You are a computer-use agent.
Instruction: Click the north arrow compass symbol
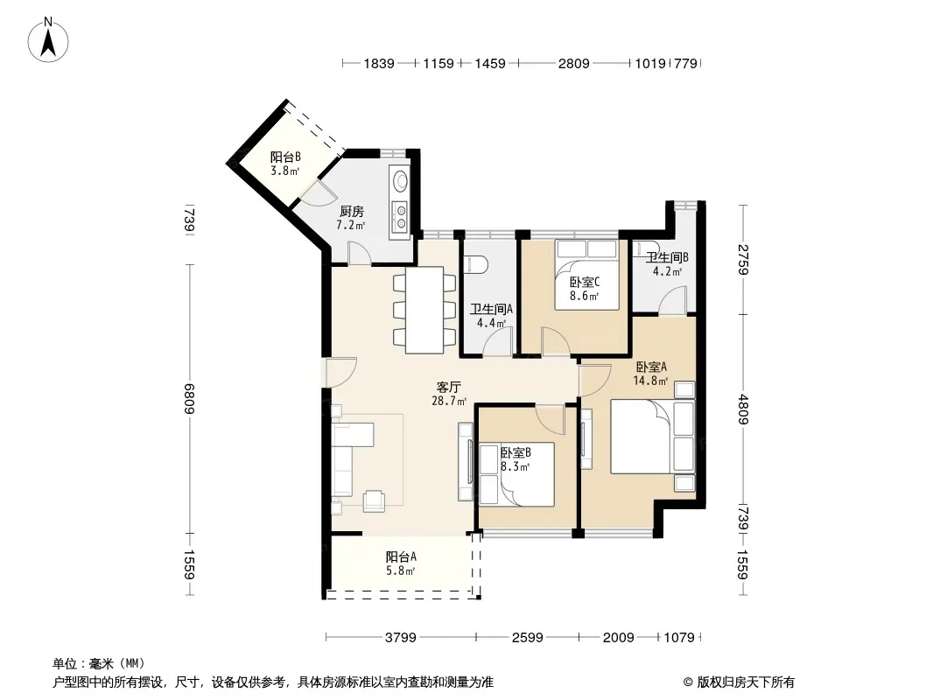[x=47, y=40]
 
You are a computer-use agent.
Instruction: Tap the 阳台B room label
[x=285, y=157]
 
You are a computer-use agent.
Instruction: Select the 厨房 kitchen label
[x=352, y=211]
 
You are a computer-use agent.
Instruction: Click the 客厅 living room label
[x=449, y=387]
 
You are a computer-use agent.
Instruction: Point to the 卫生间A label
[x=492, y=309]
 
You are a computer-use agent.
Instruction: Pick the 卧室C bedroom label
[x=585, y=282]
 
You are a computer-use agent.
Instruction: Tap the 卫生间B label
[x=668, y=257]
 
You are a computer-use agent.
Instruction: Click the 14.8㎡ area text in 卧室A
[x=650, y=381]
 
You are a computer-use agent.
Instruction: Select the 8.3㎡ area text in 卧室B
[x=516, y=467]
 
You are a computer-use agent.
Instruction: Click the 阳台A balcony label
[x=401, y=557]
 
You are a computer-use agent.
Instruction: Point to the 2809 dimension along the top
[x=573, y=63]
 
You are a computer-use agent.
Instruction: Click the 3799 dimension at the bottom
[x=401, y=638]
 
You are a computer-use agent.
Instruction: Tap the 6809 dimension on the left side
[x=189, y=398]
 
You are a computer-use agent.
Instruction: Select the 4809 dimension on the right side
[x=742, y=409]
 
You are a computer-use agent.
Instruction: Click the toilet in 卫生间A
[x=477, y=263]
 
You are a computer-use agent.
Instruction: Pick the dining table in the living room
[x=424, y=310]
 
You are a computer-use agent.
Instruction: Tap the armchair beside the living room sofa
[x=375, y=500]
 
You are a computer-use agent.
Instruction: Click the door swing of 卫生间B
[x=672, y=300]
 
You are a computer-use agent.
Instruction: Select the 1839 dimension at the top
[x=379, y=63]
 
